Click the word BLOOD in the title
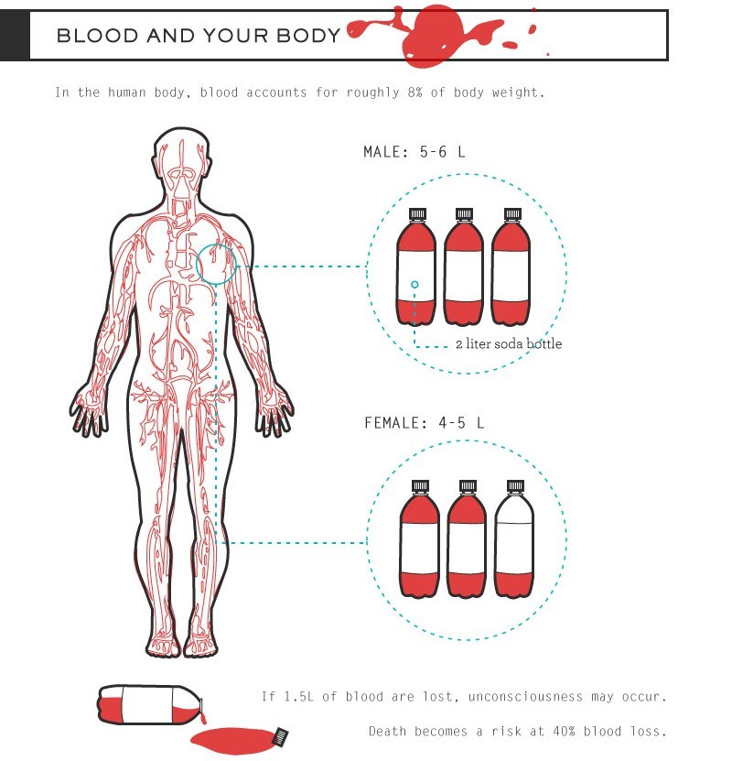97,36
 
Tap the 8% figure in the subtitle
415,92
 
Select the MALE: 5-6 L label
414,152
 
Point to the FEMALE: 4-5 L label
424,423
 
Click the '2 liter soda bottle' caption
509,343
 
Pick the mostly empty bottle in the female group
514,538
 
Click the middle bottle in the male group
463,266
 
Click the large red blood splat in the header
433,35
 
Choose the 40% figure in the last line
564,731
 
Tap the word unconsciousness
525,697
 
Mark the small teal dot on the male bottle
414,285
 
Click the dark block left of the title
15,36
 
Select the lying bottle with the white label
150,705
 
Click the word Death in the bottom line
387,731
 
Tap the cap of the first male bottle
417,214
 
